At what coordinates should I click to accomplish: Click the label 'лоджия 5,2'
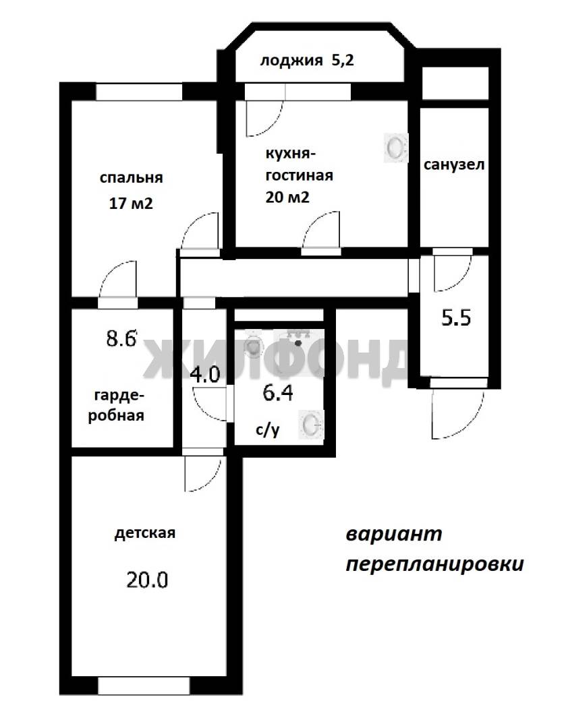click(x=306, y=61)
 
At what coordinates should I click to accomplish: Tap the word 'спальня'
click(x=131, y=178)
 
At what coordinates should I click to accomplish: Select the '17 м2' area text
click(x=131, y=204)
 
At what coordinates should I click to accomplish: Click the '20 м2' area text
click(x=287, y=198)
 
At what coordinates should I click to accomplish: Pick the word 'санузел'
click(x=453, y=165)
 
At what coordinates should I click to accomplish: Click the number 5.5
click(x=456, y=318)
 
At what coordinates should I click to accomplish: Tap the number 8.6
click(x=121, y=338)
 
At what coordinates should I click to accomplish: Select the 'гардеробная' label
click(x=116, y=405)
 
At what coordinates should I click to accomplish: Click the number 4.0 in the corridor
click(x=205, y=374)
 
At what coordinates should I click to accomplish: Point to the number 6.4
click(x=277, y=393)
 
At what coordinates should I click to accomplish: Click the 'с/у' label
click(x=268, y=430)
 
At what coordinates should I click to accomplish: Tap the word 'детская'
click(x=145, y=533)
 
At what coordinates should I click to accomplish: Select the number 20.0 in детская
click(x=147, y=580)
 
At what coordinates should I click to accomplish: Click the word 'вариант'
click(x=394, y=535)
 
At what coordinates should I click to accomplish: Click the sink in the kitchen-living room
click(x=395, y=148)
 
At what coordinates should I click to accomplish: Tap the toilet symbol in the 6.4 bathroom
click(x=254, y=344)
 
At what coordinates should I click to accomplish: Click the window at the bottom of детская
click(x=144, y=686)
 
